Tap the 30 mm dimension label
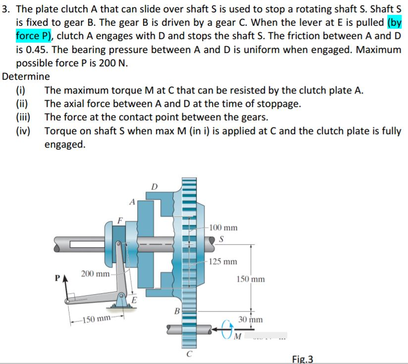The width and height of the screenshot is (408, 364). [x=251, y=320]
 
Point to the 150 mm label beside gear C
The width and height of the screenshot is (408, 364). [x=251, y=279]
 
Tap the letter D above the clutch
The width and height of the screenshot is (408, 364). [x=154, y=187]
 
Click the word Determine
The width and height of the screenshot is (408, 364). [x=26, y=76]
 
